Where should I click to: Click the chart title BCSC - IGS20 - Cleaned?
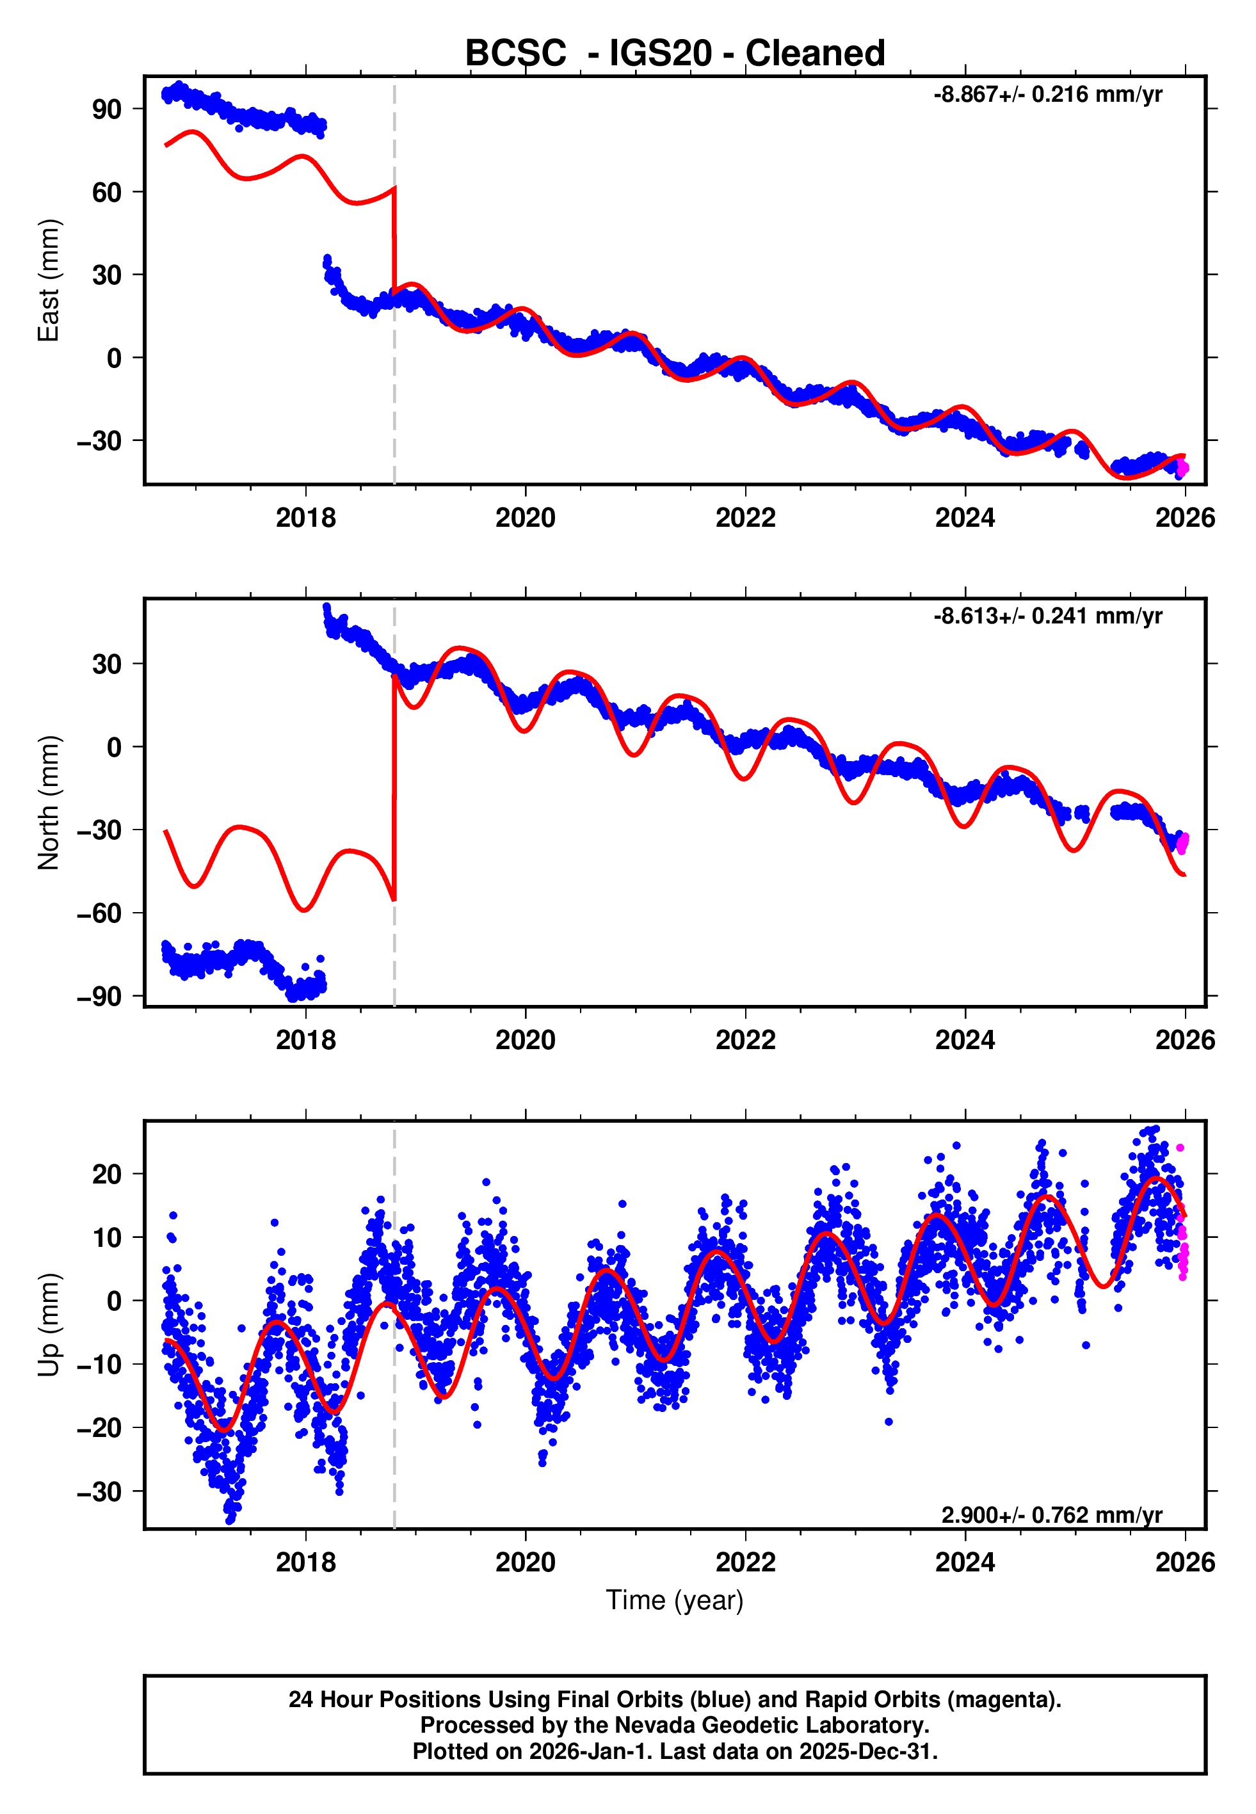(x=675, y=54)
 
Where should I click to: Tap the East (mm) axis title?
(x=49, y=281)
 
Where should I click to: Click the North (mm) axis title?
(x=49, y=803)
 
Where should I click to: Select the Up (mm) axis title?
(x=49, y=1325)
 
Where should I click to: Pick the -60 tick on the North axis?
(x=99, y=914)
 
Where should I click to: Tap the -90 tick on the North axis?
(x=99, y=997)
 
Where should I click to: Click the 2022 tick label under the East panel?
(x=745, y=518)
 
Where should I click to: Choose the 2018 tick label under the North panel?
(x=305, y=1040)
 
